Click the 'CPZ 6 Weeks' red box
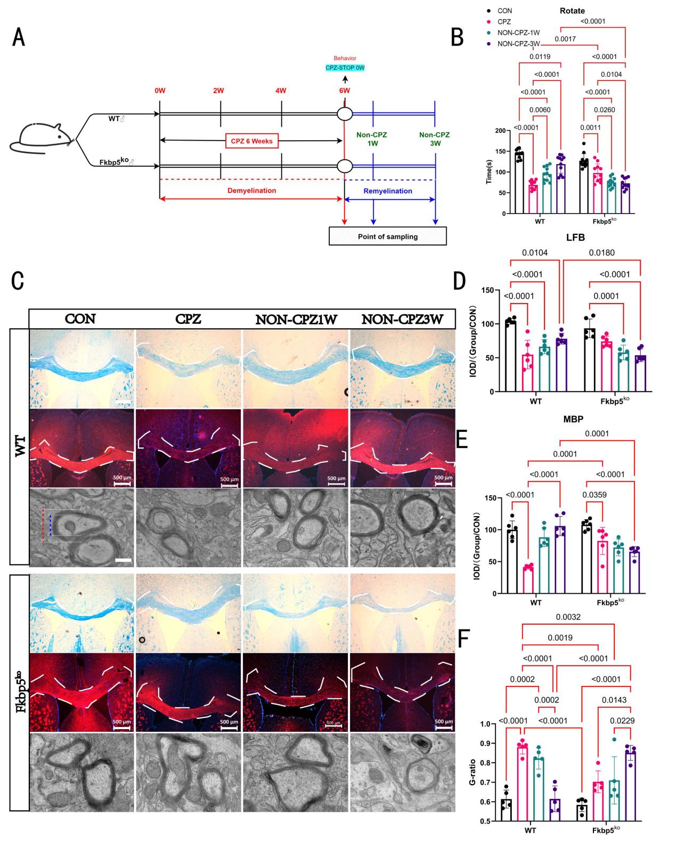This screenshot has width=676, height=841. [251, 141]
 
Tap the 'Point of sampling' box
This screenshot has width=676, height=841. [387, 236]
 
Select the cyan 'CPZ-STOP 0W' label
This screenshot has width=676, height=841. [345, 68]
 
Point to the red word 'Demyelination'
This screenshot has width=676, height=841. [250, 191]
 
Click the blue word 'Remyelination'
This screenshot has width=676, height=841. [387, 191]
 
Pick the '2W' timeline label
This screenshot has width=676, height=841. [218, 91]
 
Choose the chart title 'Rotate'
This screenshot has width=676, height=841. [572, 10]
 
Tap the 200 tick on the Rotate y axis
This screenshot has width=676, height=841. [499, 130]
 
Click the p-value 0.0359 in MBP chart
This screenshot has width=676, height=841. [594, 495]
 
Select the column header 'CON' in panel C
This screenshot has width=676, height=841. [80, 319]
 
